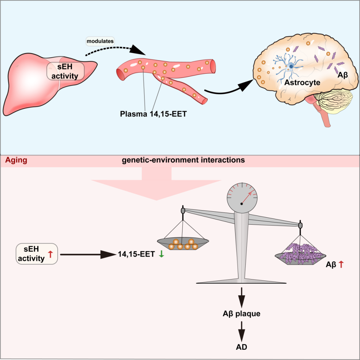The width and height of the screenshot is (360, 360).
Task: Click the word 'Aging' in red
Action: click(x=17, y=160)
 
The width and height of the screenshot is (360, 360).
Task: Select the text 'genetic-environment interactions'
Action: click(x=183, y=160)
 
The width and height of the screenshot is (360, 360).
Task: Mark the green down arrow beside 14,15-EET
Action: click(x=161, y=254)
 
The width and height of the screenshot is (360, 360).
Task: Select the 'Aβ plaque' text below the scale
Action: click(x=242, y=313)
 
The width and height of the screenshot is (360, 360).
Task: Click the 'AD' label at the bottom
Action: click(x=242, y=347)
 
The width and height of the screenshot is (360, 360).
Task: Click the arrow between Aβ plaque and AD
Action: click(x=242, y=330)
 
